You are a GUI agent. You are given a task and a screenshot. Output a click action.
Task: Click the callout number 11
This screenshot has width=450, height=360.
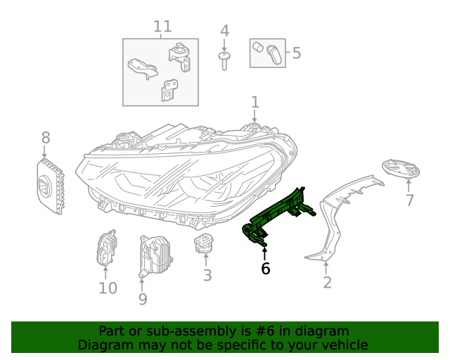162,27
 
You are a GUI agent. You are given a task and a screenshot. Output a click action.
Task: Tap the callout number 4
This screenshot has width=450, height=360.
224,31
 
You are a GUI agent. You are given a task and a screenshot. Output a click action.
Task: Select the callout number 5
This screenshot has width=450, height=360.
296,53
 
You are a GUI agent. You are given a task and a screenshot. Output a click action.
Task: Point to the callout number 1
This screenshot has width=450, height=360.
255,102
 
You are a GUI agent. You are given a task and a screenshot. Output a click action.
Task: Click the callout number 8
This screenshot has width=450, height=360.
46,137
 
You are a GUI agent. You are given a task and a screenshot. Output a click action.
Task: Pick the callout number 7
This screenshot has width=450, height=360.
410,200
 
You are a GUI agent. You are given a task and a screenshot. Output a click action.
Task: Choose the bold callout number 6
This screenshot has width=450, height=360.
265,269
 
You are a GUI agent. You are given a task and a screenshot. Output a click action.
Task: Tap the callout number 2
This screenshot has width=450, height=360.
327,283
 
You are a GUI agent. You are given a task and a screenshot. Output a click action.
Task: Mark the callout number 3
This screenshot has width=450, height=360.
207,275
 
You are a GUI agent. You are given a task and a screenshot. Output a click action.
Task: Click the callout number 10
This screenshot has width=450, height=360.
107,288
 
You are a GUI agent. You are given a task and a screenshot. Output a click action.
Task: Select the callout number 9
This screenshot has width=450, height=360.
143,299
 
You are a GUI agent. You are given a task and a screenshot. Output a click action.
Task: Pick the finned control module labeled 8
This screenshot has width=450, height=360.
49,185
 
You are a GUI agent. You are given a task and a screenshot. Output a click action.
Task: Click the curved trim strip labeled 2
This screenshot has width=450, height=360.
337,211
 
